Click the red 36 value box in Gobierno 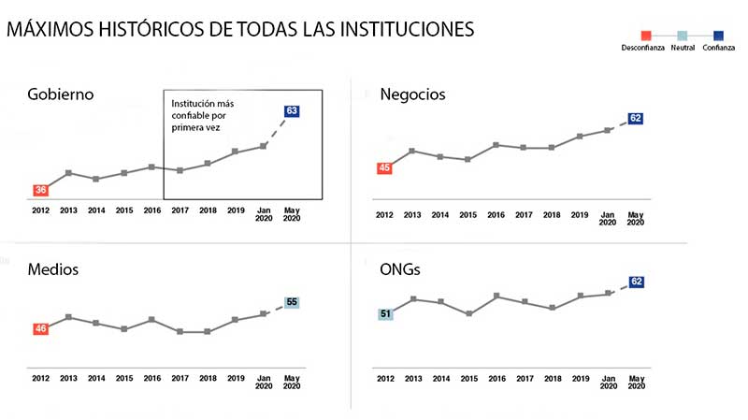pos(40,190)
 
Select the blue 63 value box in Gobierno pos(292,110)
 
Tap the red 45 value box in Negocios pos(384,168)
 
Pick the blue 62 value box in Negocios pos(636,119)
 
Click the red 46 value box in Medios pos(40,328)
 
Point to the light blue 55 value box pos(292,302)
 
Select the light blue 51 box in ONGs pos(384,313)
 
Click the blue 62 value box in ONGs pos(636,282)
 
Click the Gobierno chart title pos(61,94)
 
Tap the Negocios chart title pos(412,94)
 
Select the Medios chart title pos(52,269)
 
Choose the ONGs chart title pos(401,269)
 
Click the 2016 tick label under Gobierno pos(151,210)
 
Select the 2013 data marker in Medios pos(68,317)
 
